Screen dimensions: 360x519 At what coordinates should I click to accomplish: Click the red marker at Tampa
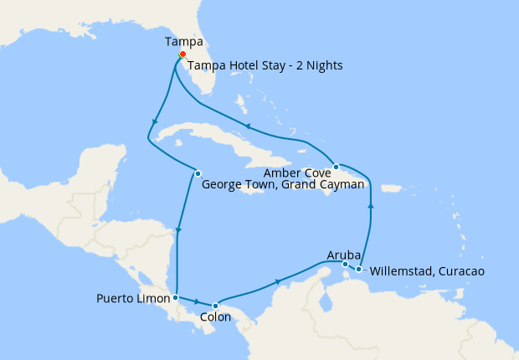(182, 54)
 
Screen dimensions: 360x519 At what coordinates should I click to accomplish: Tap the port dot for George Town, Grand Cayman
(198, 173)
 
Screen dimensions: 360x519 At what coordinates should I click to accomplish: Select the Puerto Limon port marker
(175, 297)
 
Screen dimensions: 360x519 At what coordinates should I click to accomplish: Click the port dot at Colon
(215, 306)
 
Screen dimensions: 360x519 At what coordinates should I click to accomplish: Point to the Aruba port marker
(346, 265)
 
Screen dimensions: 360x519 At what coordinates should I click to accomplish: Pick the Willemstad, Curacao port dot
(358, 269)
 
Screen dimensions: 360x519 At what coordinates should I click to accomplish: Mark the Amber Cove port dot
(335, 166)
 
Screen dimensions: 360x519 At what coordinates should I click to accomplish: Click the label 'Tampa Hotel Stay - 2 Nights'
(265, 65)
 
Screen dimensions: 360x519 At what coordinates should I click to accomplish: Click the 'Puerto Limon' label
(132, 298)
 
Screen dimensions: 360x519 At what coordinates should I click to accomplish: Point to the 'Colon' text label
(216, 318)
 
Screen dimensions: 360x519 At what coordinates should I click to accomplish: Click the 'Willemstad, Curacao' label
(426, 271)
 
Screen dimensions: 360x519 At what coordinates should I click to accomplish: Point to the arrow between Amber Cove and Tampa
(247, 127)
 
